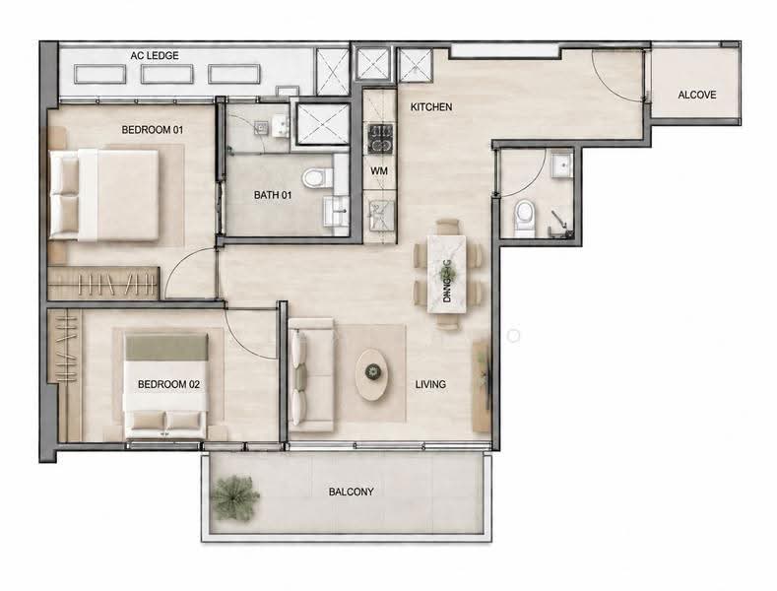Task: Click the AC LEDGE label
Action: pyautogui.click(x=155, y=55)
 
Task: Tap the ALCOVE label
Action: pyautogui.click(x=696, y=95)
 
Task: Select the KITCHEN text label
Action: pyautogui.click(x=431, y=106)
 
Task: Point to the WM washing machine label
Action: pyautogui.click(x=379, y=171)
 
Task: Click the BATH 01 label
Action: pyautogui.click(x=273, y=195)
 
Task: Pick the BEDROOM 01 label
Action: pyautogui.click(x=152, y=130)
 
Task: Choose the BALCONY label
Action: pyautogui.click(x=351, y=492)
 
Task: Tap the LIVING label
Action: pyautogui.click(x=430, y=384)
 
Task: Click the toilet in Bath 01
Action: pyautogui.click(x=317, y=177)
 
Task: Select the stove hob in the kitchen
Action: pyautogui.click(x=380, y=138)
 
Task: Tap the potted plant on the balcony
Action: pyautogui.click(x=234, y=497)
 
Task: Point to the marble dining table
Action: pyautogui.click(x=446, y=274)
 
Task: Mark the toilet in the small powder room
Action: pyautogui.click(x=525, y=217)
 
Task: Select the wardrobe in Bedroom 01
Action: pyautogui.click(x=103, y=284)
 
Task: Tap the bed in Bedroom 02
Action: pyautogui.click(x=165, y=386)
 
